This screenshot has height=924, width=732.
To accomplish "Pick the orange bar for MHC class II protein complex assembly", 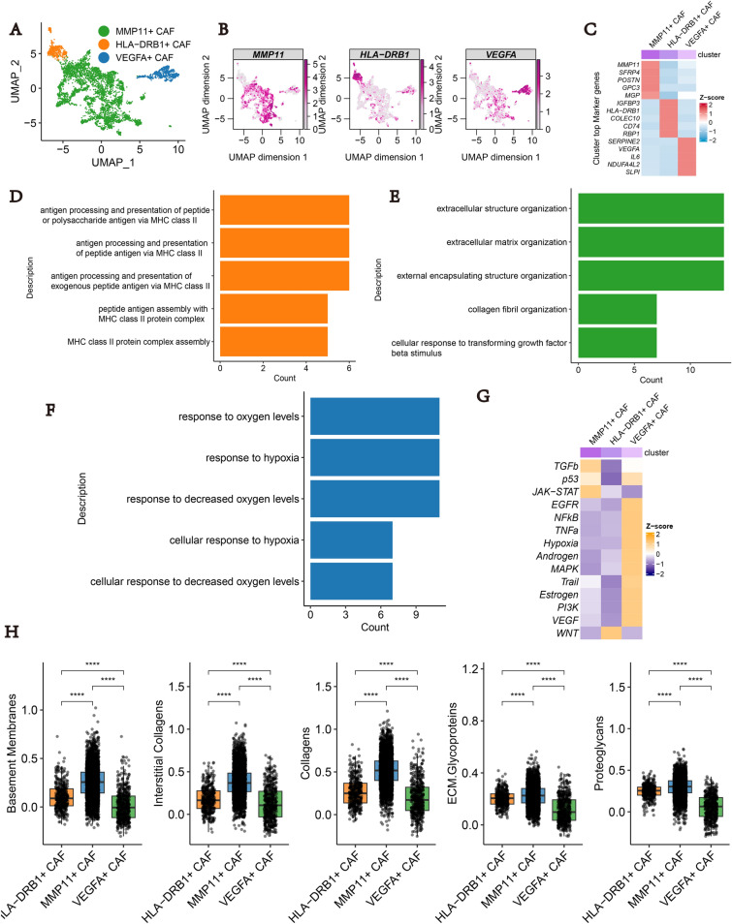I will click(273, 341).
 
